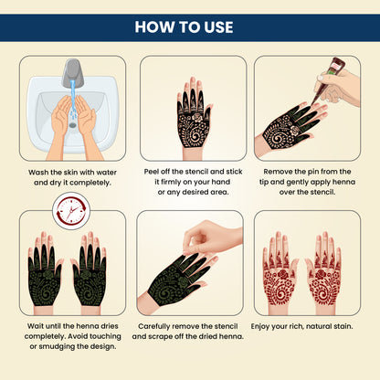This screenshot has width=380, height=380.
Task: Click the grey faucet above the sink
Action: [x=73, y=72]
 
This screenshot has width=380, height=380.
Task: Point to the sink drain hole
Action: [x=72, y=125]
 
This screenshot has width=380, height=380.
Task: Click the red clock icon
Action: [x=71, y=210]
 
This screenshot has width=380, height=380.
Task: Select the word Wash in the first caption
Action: [x=38, y=173]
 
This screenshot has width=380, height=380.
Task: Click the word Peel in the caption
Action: [x=152, y=172]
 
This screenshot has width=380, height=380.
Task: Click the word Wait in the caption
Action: [x=36, y=326]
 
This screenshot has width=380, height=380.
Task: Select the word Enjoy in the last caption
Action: [x=260, y=326]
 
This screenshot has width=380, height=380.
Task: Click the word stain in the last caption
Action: [x=343, y=326]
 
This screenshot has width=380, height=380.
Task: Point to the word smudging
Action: [x=58, y=346]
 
